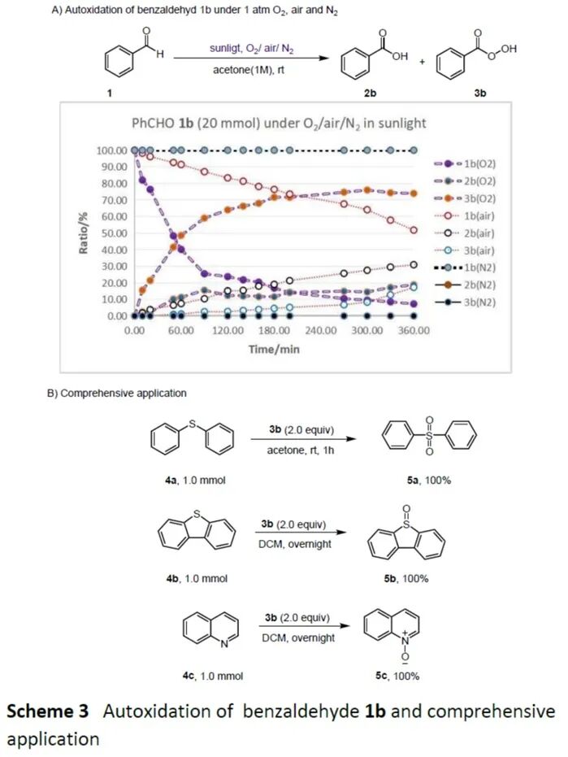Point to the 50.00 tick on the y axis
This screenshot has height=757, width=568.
click(113, 233)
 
